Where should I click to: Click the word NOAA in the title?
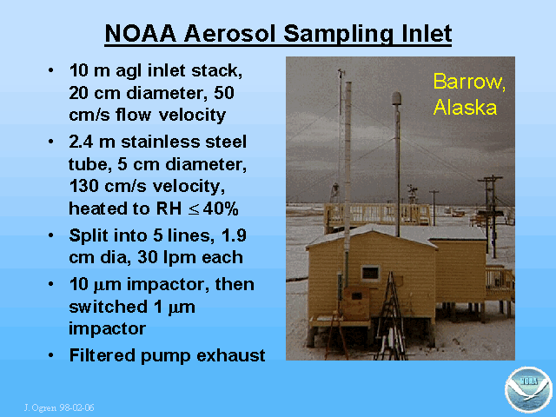[141, 34]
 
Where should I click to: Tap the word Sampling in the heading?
[338, 35]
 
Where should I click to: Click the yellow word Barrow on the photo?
[469, 82]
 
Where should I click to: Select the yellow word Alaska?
[465, 107]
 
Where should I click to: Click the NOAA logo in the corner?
[528, 390]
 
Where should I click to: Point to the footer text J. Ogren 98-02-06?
[59, 407]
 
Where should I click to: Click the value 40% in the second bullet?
[221, 208]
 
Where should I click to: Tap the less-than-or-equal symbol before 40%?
[194, 209]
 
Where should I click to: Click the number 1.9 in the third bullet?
[234, 235]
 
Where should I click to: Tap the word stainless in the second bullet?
[160, 142]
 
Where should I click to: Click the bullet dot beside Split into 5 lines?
[51, 235]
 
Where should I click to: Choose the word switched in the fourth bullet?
[108, 307]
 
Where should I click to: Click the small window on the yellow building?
[371, 273]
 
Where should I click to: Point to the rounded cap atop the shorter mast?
[396, 98]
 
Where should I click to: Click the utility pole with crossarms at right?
[490, 216]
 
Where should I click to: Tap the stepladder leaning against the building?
[391, 315]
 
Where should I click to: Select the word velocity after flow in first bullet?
[192, 116]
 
